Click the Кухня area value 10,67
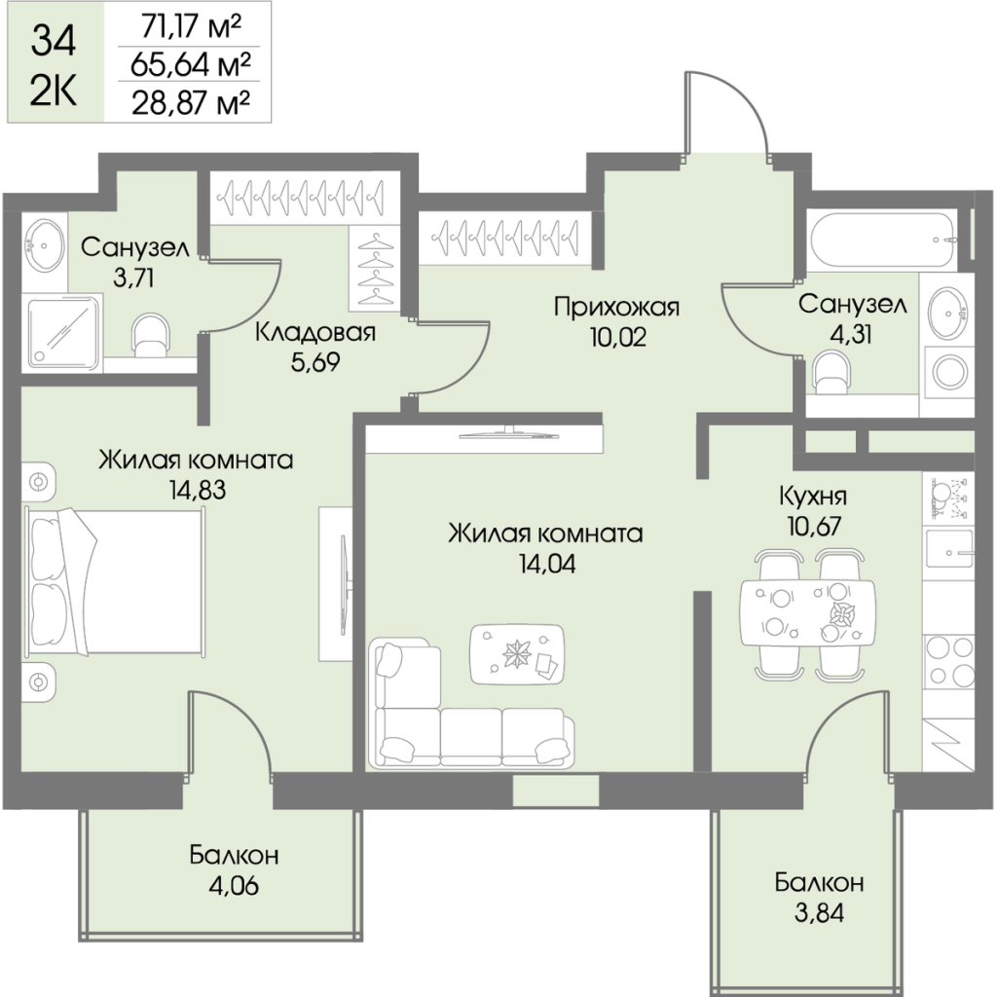[x=812, y=526]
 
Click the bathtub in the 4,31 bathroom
[x=883, y=237]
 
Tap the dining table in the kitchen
[x=807, y=611]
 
